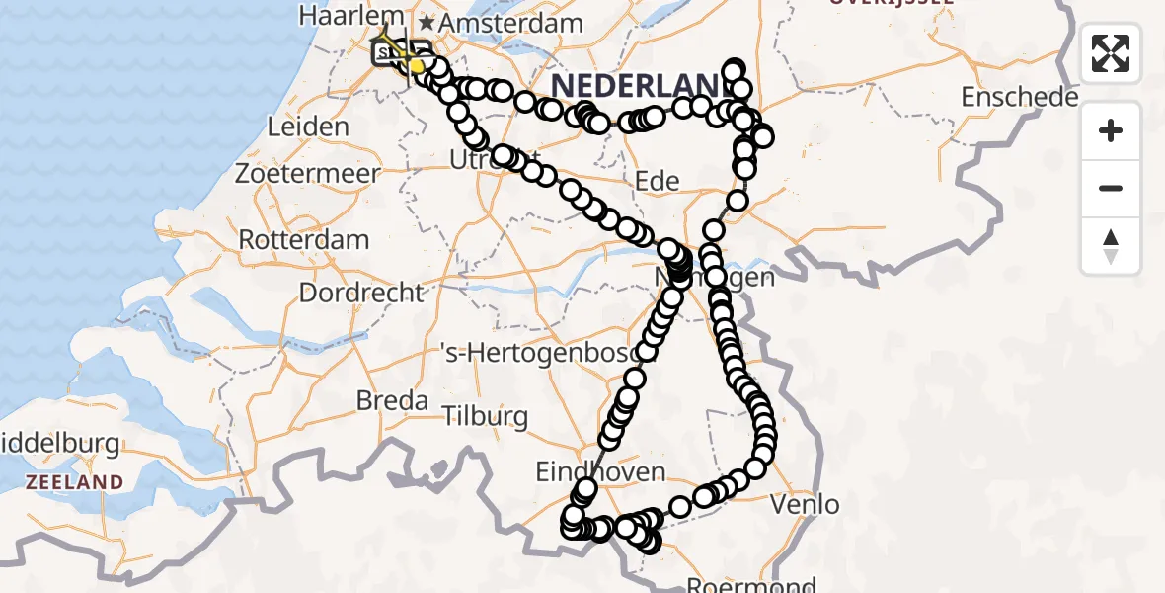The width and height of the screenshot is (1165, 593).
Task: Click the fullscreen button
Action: (1111, 53)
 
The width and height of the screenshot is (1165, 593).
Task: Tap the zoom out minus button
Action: (1111, 188)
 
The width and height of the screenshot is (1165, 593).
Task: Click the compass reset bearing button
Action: (1111, 245)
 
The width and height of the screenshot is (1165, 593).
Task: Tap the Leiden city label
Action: (308, 127)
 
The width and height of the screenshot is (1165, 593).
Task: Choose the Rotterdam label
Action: (304, 239)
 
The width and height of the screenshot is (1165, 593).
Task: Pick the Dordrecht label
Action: (361, 293)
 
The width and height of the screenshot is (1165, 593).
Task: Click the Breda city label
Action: (392, 400)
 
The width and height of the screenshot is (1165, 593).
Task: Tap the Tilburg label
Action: (485, 416)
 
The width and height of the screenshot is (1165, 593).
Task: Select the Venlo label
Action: (808, 505)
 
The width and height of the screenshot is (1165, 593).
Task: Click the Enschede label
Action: (1020, 97)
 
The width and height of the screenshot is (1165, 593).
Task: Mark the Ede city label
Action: (658, 181)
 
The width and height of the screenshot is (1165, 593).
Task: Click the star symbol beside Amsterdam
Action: (427, 22)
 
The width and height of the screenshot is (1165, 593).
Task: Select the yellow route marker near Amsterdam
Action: (417, 66)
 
